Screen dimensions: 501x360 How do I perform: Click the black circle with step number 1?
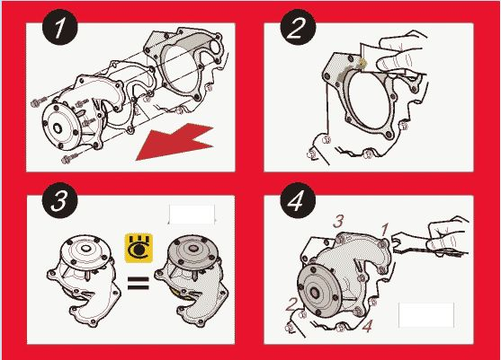(x=60, y=28)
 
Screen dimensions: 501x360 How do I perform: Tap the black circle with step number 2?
(x=297, y=28)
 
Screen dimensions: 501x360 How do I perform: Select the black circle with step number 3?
(x=60, y=200)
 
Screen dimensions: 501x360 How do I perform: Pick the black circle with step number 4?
(x=297, y=200)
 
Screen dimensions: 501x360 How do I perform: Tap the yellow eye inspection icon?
(x=139, y=248)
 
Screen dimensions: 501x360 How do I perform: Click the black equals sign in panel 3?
(x=139, y=283)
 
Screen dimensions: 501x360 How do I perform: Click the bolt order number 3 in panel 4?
(x=338, y=221)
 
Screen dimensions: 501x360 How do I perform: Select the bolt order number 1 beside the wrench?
(x=385, y=230)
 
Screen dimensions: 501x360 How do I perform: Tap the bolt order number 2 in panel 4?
(x=292, y=304)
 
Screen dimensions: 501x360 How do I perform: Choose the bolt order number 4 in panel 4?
(x=367, y=326)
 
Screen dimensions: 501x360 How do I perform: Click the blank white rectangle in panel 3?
(x=191, y=215)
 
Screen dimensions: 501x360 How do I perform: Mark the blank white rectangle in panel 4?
(x=426, y=315)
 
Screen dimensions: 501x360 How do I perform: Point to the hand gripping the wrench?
(x=448, y=236)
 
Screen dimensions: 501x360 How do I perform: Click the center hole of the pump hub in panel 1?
(x=57, y=128)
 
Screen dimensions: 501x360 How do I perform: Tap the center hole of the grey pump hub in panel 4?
(x=314, y=292)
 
